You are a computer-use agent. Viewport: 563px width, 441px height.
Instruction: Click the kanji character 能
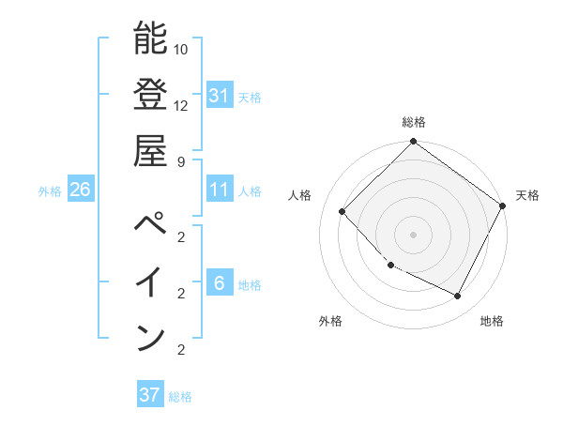tap(150, 40)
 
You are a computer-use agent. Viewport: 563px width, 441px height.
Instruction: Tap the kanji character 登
tap(150, 95)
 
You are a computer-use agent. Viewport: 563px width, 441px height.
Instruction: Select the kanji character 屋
tap(150, 150)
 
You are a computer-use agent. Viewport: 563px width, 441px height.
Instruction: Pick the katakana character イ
tap(150, 282)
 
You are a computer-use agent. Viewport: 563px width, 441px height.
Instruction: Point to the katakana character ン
tap(150, 337)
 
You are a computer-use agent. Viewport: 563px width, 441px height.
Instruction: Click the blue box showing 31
tap(219, 95)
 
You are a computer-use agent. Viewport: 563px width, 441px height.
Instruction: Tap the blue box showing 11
tap(219, 190)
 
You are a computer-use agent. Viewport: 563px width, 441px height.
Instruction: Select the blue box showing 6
tap(219, 283)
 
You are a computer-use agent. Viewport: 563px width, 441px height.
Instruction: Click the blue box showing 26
tap(80, 190)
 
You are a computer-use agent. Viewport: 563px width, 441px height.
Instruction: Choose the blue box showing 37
tap(149, 395)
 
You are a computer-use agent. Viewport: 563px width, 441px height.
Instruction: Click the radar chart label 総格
tap(413, 122)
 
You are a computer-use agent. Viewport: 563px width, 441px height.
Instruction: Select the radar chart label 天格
tap(527, 195)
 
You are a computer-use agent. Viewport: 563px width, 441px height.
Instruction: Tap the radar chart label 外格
tap(330, 321)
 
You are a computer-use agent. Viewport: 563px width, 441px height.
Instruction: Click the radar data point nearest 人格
tap(342, 211)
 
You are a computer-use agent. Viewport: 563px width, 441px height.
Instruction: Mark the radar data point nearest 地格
tap(458, 297)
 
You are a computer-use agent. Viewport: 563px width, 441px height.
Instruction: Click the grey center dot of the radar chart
tap(413, 234)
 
